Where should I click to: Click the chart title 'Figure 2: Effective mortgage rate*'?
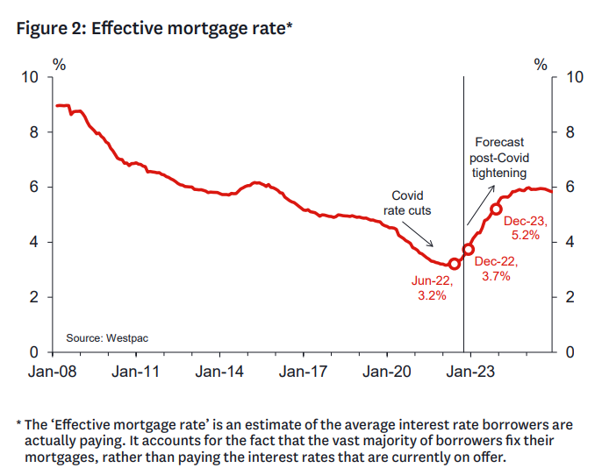click(154, 28)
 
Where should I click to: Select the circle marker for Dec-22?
click(468, 249)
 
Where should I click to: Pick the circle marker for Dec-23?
click(496, 209)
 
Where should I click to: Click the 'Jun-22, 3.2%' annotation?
click(432, 287)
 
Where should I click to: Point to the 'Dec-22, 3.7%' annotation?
click(497, 268)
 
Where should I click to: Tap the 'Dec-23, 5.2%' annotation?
click(526, 228)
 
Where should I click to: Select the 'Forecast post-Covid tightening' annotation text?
click(499, 157)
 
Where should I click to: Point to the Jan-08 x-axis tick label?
click(53, 372)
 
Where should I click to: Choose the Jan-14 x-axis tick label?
click(220, 372)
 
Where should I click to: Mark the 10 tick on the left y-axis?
click(32, 77)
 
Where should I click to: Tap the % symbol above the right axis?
click(541, 64)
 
